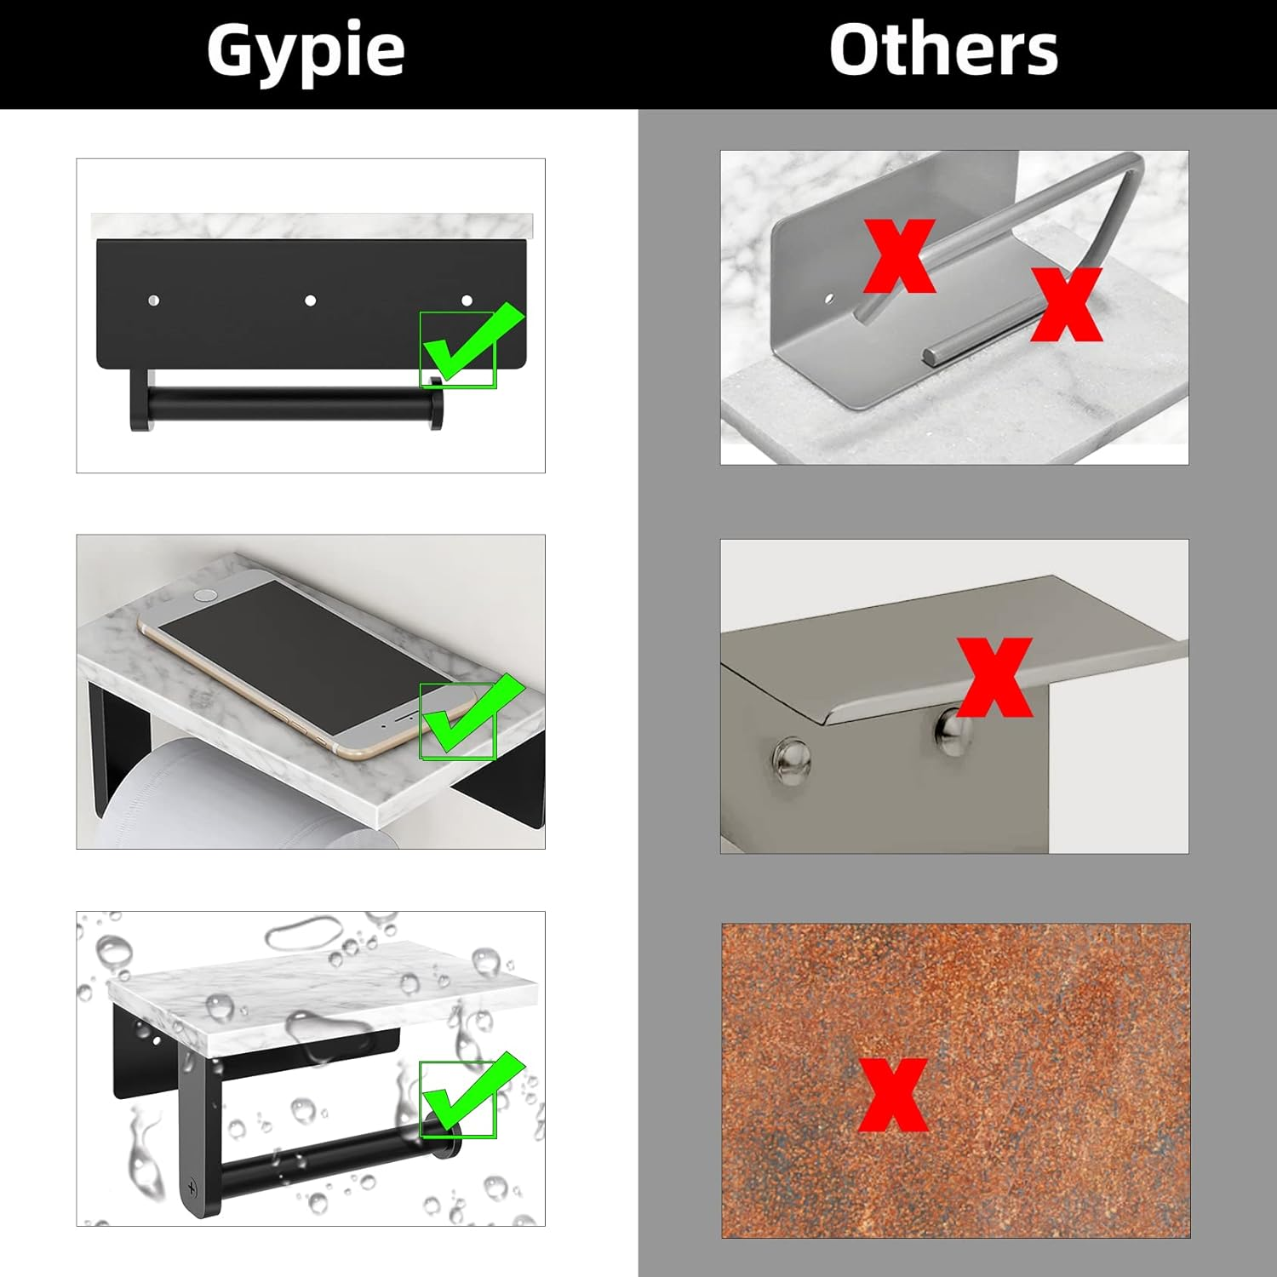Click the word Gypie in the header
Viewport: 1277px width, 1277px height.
pos(305,51)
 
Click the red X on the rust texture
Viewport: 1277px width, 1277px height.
pos(892,1095)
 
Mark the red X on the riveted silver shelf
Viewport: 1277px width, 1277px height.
pos(994,677)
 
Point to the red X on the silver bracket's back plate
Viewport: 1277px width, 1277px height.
pos(899,255)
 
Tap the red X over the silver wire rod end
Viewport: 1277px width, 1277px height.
pos(1066,304)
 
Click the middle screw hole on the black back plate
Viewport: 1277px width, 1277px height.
pos(311,301)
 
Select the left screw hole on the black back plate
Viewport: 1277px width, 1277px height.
pos(154,301)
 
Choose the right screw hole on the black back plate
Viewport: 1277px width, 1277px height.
pos(467,301)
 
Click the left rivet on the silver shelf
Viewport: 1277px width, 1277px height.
pos(792,760)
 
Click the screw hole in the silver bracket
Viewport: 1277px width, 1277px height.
pos(830,300)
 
